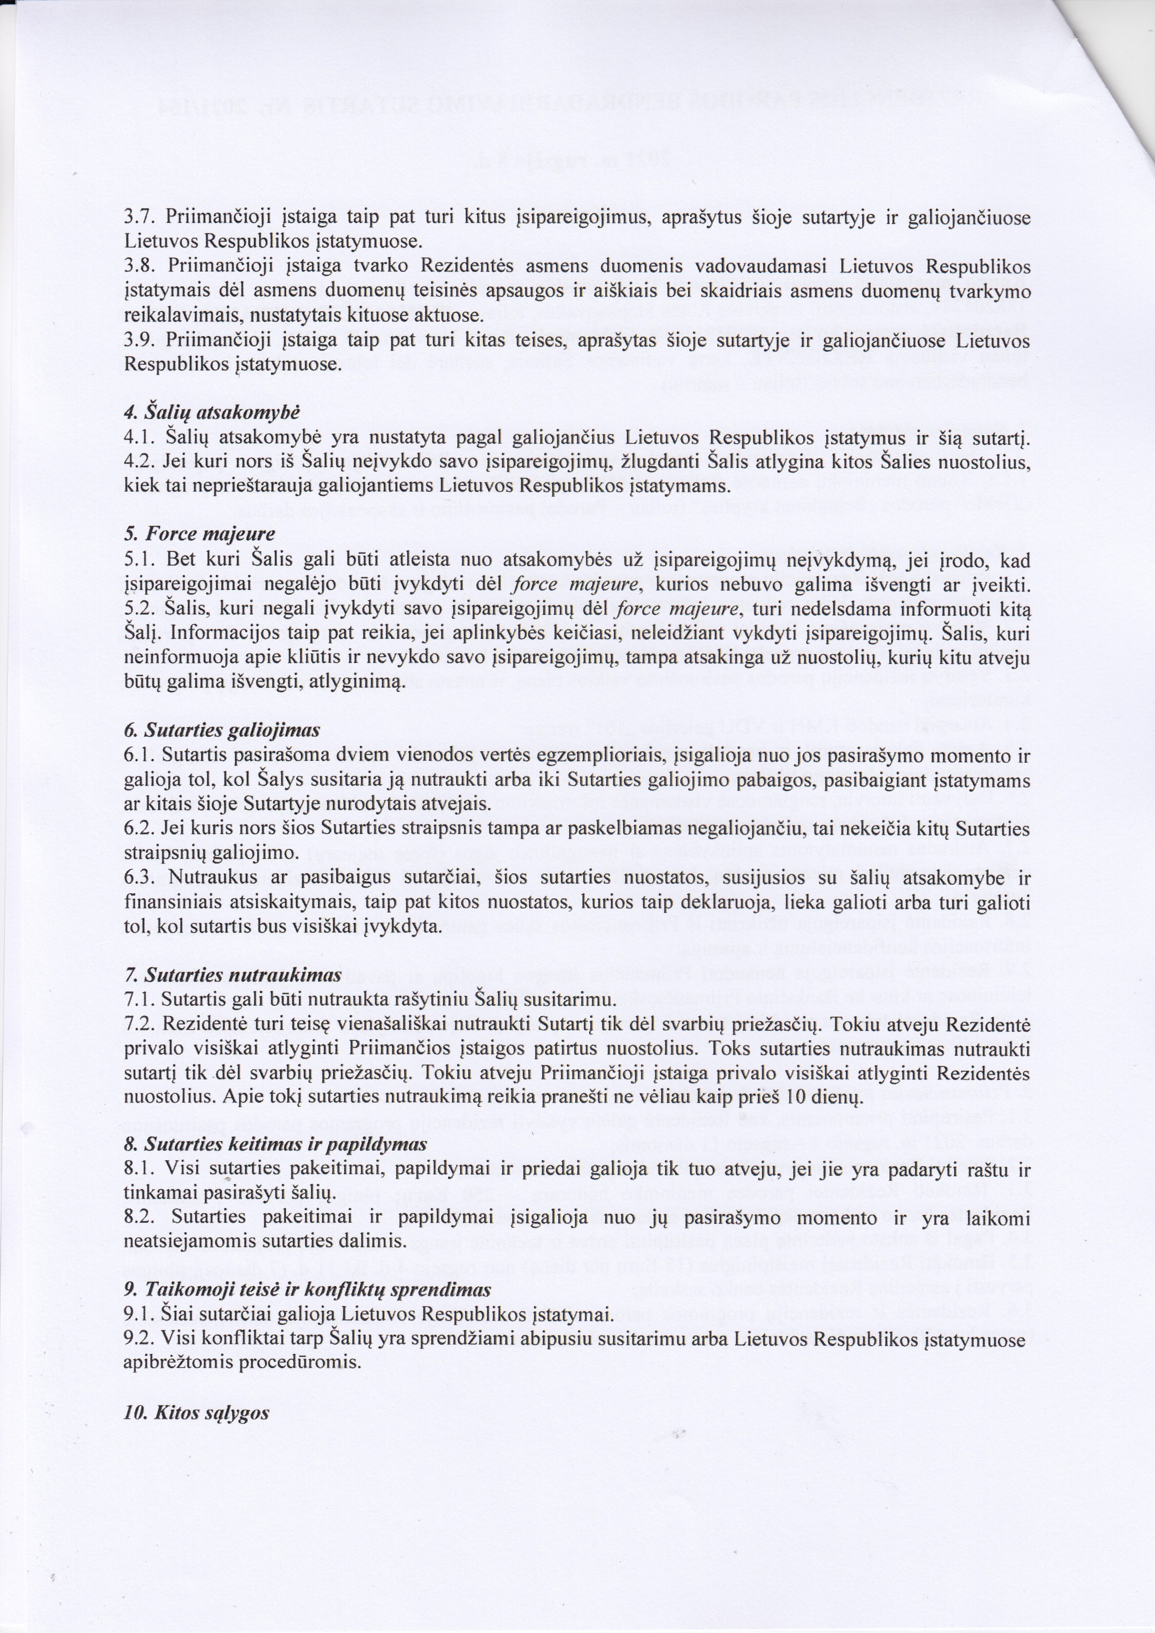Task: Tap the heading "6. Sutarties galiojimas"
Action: click(222, 731)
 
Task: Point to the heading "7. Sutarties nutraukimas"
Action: click(232, 975)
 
